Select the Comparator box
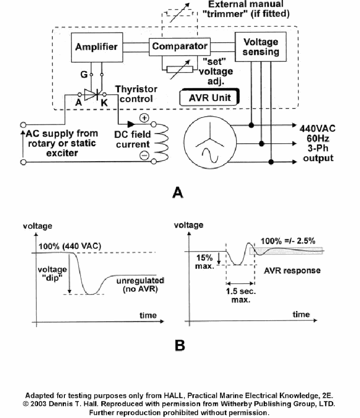[180, 46]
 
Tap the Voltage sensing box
[261, 47]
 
